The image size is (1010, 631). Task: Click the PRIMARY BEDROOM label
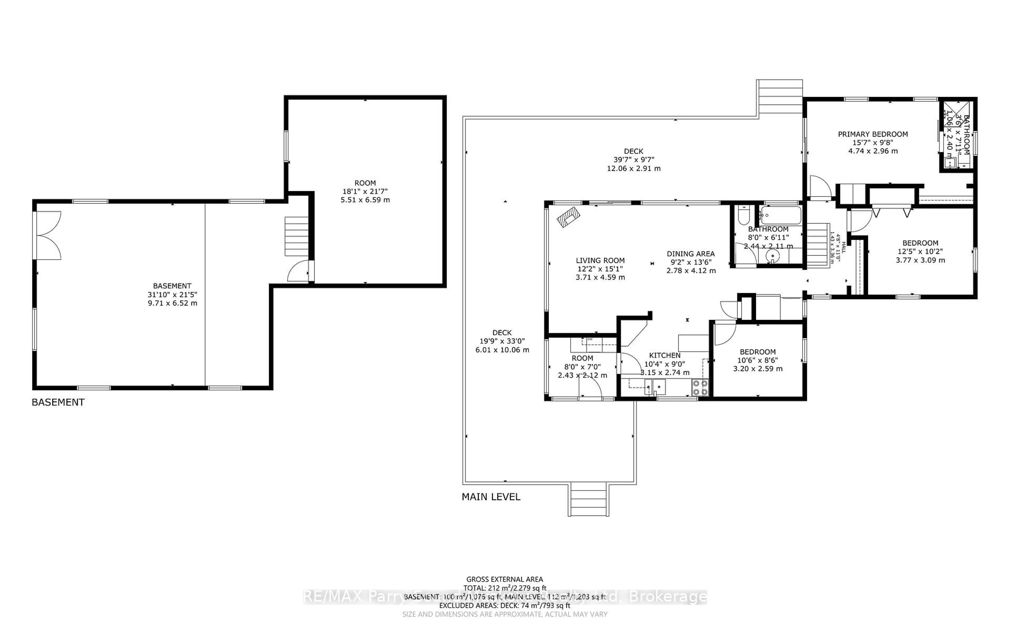point(873,134)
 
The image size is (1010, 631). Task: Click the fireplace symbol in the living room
point(568,217)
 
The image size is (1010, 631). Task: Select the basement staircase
point(296,236)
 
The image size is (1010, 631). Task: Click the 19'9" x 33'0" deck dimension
point(502,341)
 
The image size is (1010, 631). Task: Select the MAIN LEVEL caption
point(491,497)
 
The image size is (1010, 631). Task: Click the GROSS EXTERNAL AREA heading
point(504,579)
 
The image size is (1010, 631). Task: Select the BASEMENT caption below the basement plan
point(58,402)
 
